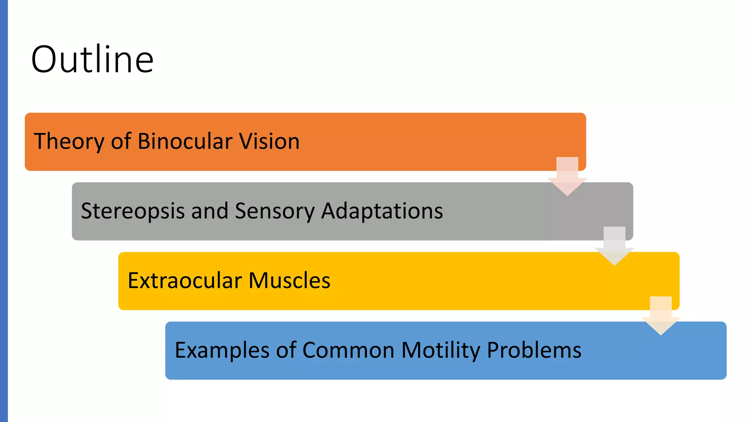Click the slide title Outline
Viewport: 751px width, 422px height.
tap(92, 59)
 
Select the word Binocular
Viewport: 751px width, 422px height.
tap(185, 141)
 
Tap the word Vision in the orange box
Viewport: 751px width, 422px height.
tap(269, 141)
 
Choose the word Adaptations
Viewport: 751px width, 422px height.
tap(382, 211)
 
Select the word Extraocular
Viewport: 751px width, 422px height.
tap(185, 281)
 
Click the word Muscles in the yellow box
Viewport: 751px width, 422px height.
tap(289, 281)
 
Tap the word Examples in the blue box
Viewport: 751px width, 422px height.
tap(222, 351)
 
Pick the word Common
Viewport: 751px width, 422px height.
tap(348, 351)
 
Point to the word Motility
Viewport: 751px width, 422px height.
tap(441, 351)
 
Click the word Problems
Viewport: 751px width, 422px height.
tap(534, 351)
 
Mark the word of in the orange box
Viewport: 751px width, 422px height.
tap(121, 141)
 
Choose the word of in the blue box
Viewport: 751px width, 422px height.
tap(286, 351)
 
